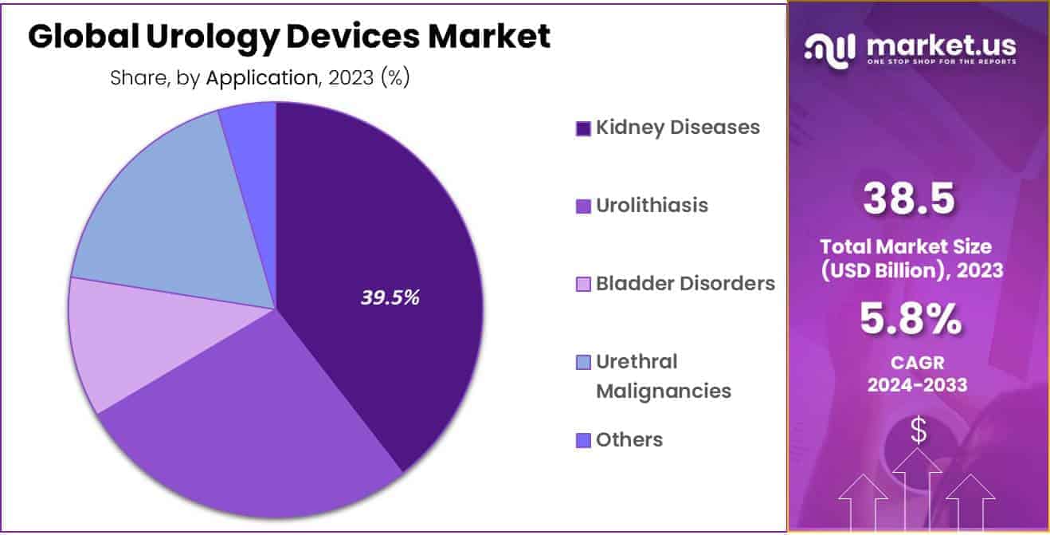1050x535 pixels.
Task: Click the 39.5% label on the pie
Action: [x=390, y=298]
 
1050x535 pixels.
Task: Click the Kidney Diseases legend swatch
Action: [x=583, y=128]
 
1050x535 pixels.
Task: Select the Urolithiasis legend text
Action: [x=652, y=205]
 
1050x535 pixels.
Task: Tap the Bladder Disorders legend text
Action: [x=685, y=283]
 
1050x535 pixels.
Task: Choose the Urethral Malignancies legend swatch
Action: [x=583, y=363]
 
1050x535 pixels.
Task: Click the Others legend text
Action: [x=629, y=439]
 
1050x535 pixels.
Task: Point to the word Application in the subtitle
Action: [x=261, y=78]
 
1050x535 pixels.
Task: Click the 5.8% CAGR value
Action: [x=909, y=320]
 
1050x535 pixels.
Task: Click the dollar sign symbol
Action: [x=919, y=431]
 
